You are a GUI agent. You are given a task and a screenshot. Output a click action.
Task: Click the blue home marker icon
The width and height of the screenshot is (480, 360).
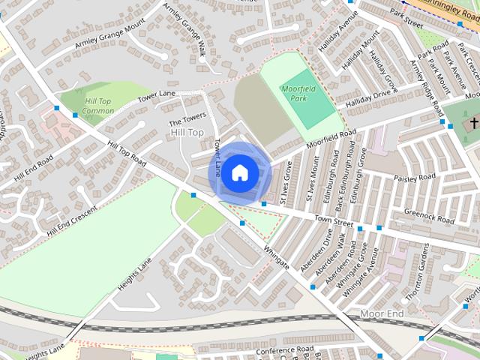238,172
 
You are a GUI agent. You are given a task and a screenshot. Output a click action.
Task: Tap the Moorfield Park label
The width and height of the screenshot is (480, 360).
298,94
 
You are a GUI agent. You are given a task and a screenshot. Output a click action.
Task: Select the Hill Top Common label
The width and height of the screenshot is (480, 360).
99,106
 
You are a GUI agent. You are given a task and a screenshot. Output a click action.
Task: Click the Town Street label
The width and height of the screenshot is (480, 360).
334,220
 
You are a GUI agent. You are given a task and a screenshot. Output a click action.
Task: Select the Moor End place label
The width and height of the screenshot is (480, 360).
382,312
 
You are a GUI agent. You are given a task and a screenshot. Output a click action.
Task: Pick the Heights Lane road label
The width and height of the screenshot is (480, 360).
134,275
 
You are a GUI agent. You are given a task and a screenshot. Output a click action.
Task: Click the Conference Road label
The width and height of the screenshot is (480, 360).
283,350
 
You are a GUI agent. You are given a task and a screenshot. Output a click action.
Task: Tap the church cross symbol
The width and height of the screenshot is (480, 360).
474,122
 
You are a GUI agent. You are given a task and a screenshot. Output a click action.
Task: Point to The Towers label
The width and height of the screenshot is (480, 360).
187,120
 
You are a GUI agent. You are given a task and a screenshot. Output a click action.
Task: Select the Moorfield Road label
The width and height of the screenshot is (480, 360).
330,138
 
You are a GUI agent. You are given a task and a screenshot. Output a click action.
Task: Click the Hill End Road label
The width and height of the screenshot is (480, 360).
33,165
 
